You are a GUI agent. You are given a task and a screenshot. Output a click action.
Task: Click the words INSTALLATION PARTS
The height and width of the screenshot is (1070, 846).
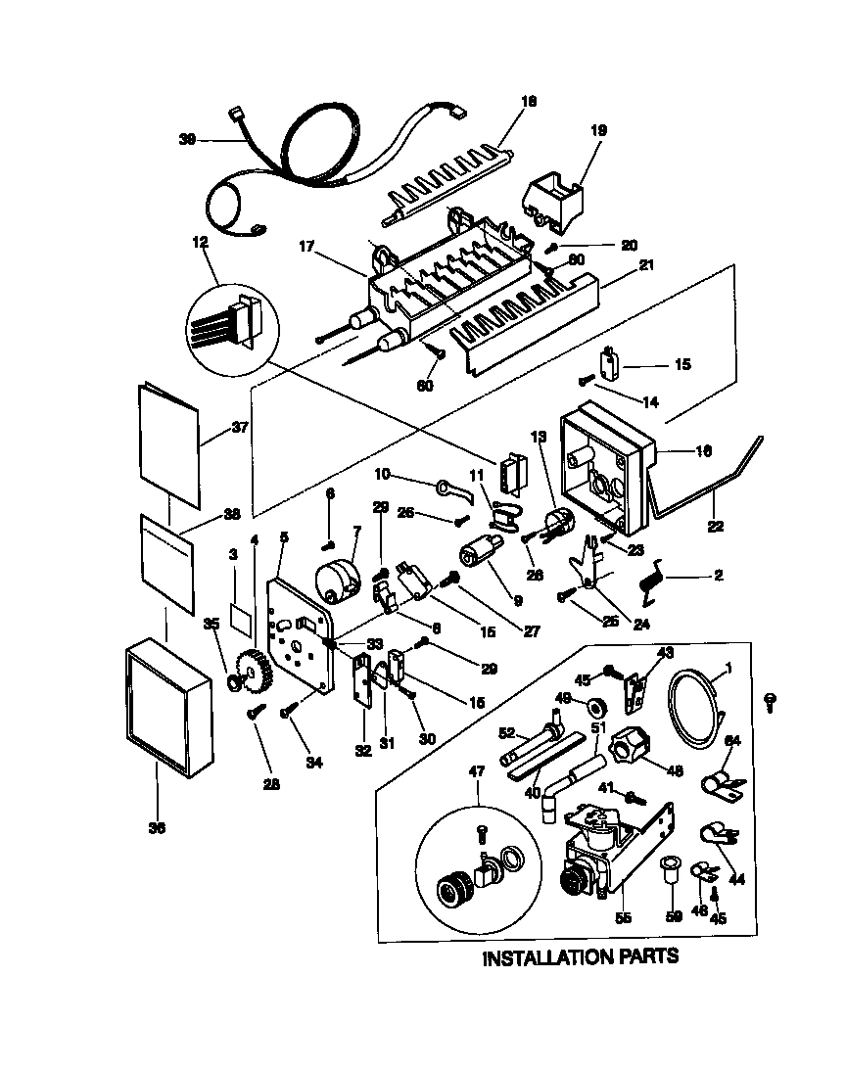[580, 956]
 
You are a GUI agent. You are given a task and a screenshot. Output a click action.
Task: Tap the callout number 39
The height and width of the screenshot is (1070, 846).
[187, 140]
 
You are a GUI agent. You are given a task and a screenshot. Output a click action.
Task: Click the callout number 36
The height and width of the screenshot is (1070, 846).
[157, 828]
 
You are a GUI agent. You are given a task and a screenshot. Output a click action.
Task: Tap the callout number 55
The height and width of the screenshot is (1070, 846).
[623, 918]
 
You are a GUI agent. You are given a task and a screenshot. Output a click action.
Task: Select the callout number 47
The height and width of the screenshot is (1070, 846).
[477, 772]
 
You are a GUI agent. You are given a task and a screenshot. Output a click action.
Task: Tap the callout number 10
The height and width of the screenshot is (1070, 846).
[382, 474]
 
